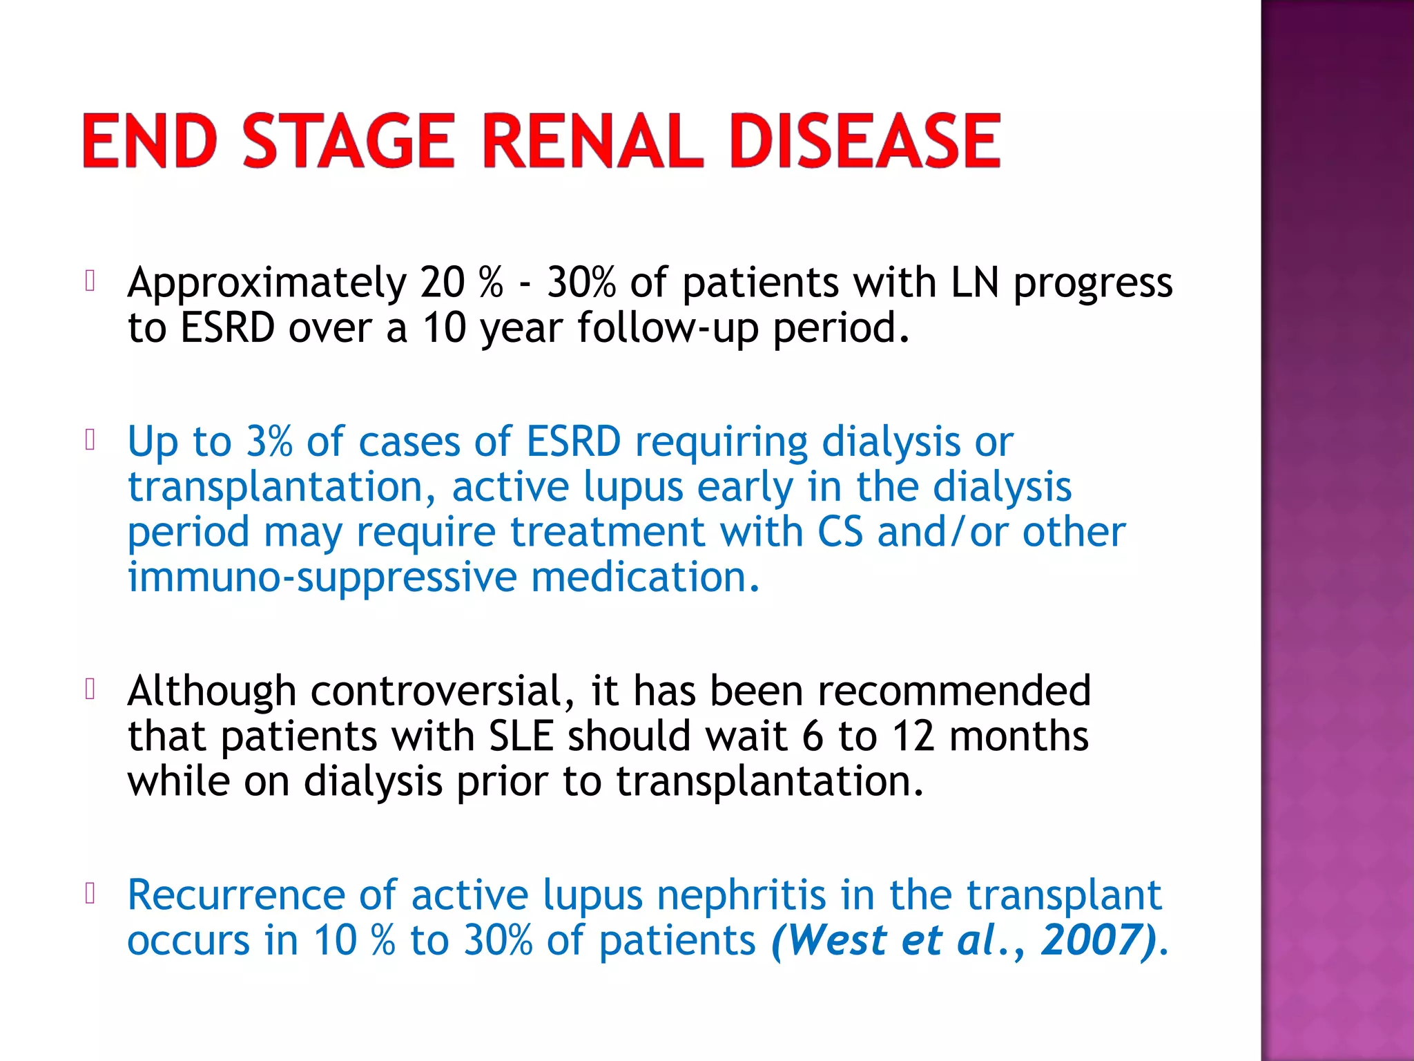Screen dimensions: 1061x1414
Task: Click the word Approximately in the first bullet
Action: (267, 283)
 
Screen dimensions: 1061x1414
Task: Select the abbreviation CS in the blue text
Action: (840, 532)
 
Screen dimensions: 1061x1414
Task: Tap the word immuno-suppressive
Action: (322, 577)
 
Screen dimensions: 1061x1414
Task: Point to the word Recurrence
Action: (235, 895)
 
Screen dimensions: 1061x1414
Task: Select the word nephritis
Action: (741, 895)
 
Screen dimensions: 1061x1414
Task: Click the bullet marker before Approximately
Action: (90, 280)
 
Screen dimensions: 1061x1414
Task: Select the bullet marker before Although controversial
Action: (90, 689)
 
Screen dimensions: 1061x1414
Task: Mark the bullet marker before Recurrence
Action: (90, 893)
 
